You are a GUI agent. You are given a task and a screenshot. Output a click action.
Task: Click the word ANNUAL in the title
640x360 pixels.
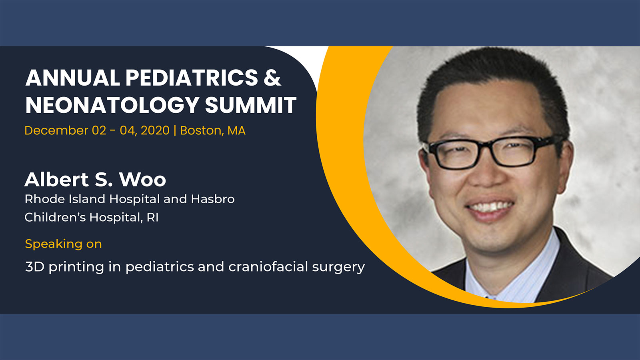tap(72, 78)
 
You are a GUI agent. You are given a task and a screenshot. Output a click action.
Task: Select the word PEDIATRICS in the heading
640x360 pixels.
tap(192, 78)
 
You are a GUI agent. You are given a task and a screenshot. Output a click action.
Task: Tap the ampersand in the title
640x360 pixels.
tap(272, 78)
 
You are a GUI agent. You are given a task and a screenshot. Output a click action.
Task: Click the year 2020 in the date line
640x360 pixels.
tap(155, 130)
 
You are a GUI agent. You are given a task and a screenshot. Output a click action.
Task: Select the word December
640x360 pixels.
tap(56, 130)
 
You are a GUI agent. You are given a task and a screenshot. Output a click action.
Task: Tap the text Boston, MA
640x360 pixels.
tap(213, 130)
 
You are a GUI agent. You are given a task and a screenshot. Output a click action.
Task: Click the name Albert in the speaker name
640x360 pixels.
tap(56, 179)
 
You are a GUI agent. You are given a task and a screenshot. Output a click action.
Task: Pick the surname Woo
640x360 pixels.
tap(142, 180)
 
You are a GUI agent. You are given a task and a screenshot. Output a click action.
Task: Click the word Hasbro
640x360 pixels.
tap(212, 199)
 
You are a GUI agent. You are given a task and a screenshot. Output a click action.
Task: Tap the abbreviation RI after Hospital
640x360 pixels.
tap(152, 218)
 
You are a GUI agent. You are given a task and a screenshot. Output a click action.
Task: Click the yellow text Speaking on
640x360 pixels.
tap(64, 244)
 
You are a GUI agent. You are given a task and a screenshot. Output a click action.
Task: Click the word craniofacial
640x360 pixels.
tap(268, 267)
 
